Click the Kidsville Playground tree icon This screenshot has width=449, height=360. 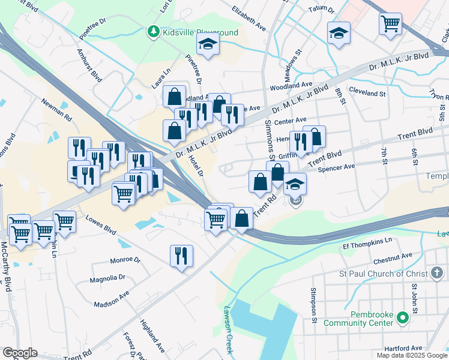[154, 31]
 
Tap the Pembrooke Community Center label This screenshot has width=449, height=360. [359, 319]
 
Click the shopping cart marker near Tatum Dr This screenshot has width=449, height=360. [390, 24]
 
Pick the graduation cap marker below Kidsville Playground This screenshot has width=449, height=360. [208, 44]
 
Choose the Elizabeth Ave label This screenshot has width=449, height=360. [249, 19]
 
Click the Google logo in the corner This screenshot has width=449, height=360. [19, 353]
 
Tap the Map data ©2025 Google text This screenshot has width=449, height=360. [411, 355]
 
